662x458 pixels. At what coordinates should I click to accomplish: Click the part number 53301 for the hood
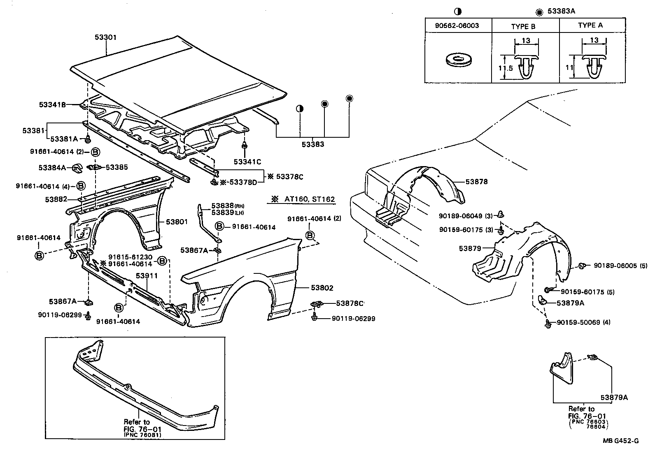pos(105,37)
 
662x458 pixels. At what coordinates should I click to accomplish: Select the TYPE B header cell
pos(523,26)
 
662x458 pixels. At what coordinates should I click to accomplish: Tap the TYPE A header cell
pos(590,25)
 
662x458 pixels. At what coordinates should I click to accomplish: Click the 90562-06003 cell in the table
pos(457,25)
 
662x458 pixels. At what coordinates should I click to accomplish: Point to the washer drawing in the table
pos(458,60)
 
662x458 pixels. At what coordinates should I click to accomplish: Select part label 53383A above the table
pos(561,12)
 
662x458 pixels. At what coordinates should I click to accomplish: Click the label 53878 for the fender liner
pos(477,181)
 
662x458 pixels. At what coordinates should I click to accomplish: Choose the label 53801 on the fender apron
pos(177,222)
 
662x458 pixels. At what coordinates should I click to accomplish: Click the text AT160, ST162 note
pos(309,199)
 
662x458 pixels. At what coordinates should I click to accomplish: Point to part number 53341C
pos(247,162)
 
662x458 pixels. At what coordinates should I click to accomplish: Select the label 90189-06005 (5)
pos(620,266)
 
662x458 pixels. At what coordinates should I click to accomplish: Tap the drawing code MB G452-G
pos(621,441)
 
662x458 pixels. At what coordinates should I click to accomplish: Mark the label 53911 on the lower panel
pos(147,276)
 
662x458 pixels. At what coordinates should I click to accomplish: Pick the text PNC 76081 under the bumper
pos(142,435)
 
